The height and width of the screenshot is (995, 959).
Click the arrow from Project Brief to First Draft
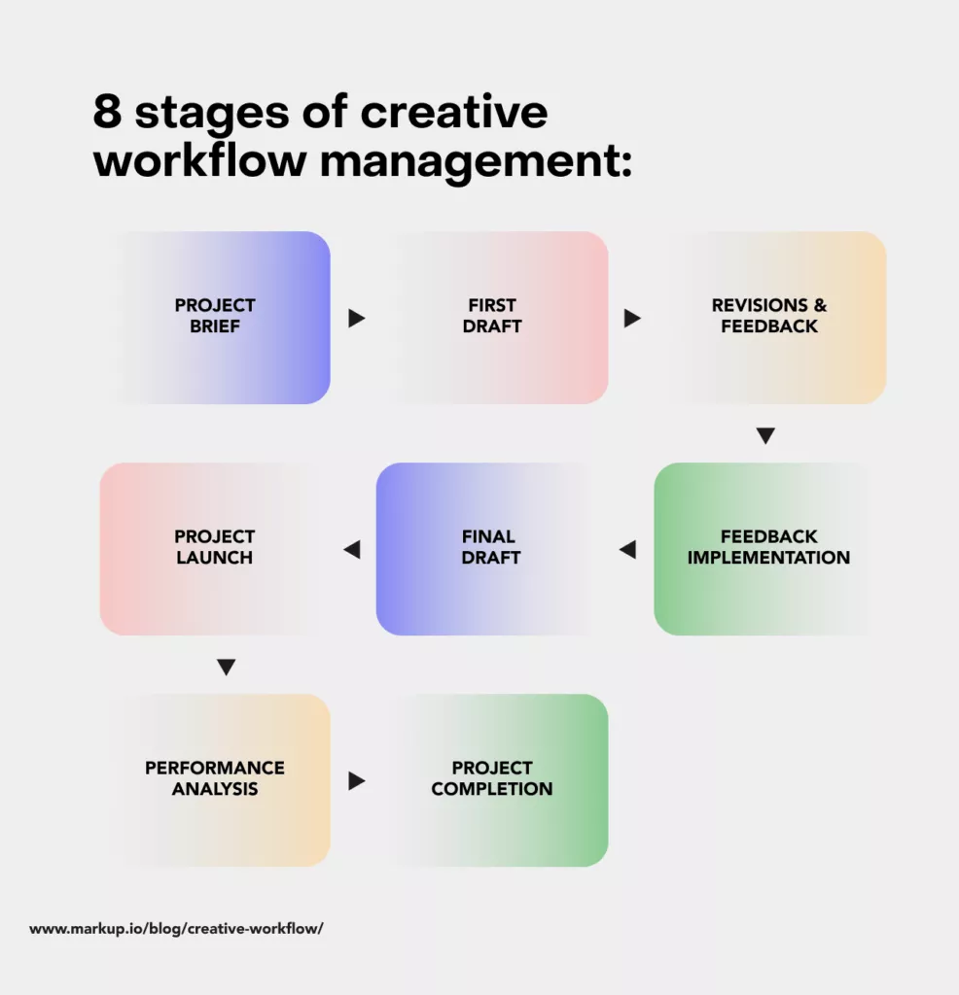(356, 318)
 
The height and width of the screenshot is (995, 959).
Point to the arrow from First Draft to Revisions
(632, 318)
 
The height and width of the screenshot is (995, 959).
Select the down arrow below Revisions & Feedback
(765, 436)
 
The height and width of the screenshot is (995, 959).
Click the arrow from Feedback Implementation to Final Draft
(627, 550)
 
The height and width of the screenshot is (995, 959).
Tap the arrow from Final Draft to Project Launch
(352, 550)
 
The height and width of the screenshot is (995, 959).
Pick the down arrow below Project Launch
(226, 668)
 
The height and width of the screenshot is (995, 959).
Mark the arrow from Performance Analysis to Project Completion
(356, 780)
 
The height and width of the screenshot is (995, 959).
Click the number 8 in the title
(108, 114)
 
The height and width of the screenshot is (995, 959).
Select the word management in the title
(477, 160)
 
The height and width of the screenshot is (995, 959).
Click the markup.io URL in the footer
(176, 929)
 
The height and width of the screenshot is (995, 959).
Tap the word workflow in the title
(199, 160)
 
